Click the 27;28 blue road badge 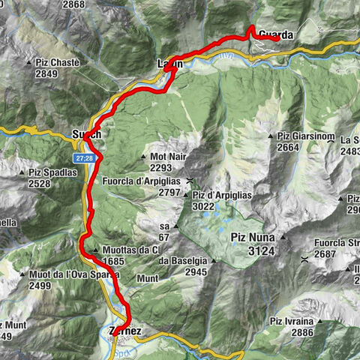[83, 158]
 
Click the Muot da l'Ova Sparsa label [74, 274]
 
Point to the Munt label [148, 277]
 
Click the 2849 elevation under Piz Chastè [52, 74]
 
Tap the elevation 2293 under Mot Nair [160, 168]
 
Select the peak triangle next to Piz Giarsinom [271, 136]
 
